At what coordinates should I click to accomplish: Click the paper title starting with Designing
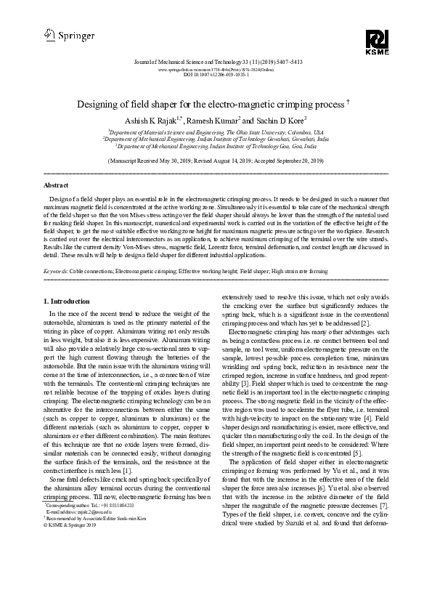211,105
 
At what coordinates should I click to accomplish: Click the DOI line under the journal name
216,74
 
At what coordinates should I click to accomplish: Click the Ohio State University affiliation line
216,133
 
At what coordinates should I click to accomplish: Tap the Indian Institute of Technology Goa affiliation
216,146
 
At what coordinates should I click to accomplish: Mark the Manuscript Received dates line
216,160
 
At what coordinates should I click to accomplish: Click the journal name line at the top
216,62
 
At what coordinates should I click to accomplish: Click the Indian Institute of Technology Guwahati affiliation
216,139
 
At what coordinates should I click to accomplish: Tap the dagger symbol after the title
349,102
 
